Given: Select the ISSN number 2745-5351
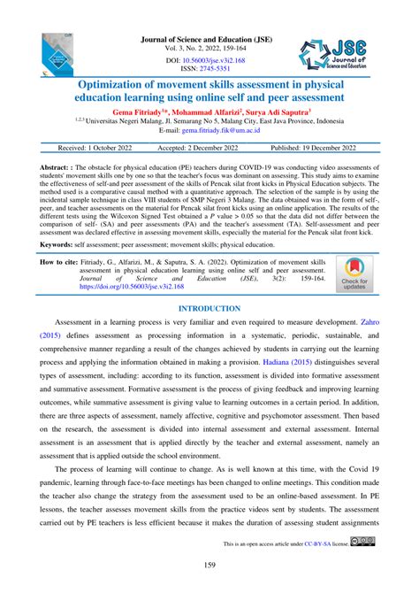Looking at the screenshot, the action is coord(221,70).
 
